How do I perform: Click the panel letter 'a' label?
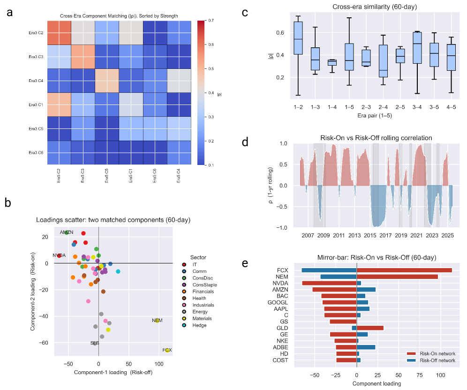tap(10, 13)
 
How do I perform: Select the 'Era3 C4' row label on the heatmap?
tap(36, 80)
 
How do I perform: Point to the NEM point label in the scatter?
tap(157, 320)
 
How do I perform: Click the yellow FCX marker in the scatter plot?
tap(167, 350)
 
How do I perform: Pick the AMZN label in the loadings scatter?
tap(67, 232)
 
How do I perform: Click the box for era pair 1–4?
tap(332, 62)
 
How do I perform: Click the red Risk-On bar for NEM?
tap(398, 277)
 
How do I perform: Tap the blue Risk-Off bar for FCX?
tap(329, 270)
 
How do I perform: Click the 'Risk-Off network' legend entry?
tap(437, 360)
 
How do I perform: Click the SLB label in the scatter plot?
tap(95, 343)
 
